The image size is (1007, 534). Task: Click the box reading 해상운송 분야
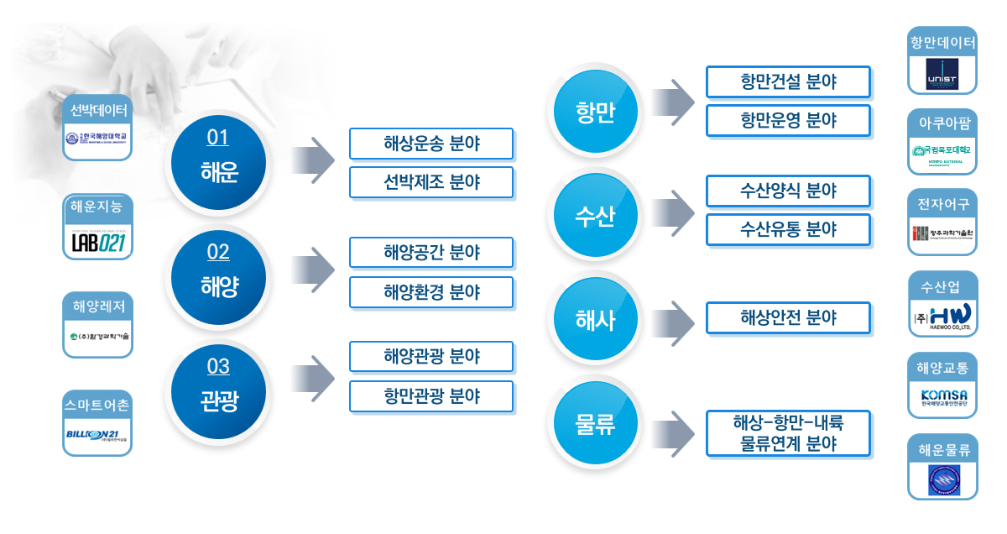[430, 144]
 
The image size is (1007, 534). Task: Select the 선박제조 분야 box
[430, 182]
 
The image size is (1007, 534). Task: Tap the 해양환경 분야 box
[430, 292]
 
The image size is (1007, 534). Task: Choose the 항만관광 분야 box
[430, 395]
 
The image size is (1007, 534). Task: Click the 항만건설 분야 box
[788, 81]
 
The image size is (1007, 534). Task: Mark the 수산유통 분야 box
[788, 229]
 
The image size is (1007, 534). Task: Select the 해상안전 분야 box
[788, 318]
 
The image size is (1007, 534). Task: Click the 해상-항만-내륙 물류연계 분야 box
[788, 433]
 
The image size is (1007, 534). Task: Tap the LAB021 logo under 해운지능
[98, 241]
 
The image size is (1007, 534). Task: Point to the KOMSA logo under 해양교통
[942, 396]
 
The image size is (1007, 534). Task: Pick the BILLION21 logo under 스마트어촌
[98, 435]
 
